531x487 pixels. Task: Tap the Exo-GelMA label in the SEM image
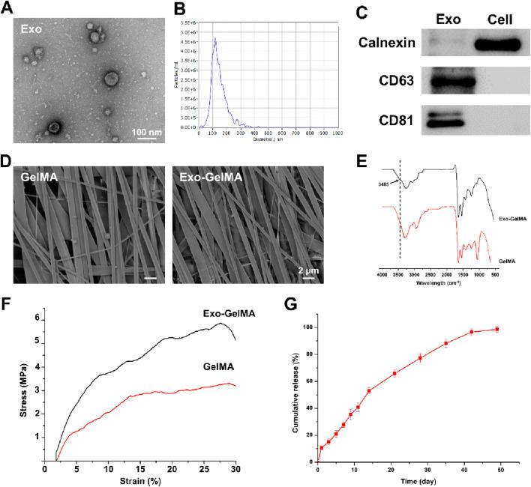click(209, 180)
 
